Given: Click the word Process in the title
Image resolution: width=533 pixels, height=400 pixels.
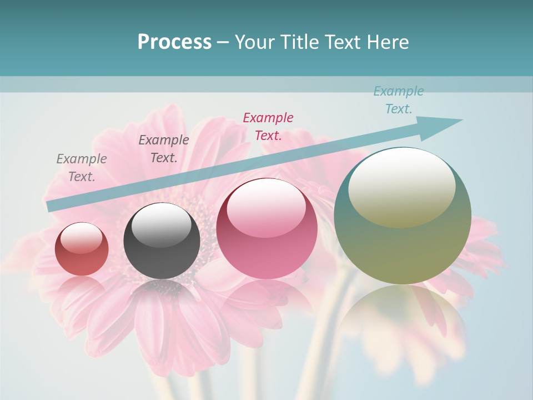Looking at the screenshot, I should (174, 42).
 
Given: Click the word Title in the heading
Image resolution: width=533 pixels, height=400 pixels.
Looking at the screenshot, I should (301, 42).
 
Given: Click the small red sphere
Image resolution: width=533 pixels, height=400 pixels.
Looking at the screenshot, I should (82, 249).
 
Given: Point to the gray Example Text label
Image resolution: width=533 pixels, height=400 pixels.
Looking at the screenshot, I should (82, 167).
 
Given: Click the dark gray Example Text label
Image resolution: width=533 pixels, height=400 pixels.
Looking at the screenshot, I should (164, 148).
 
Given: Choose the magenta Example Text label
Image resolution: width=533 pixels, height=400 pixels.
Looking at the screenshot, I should (268, 126).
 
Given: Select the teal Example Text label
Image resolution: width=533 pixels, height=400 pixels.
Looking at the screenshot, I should (399, 100).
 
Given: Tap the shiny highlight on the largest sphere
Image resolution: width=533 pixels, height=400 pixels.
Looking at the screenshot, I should (401, 186).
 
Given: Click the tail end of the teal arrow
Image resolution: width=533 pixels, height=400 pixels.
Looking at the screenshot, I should (51, 206).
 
